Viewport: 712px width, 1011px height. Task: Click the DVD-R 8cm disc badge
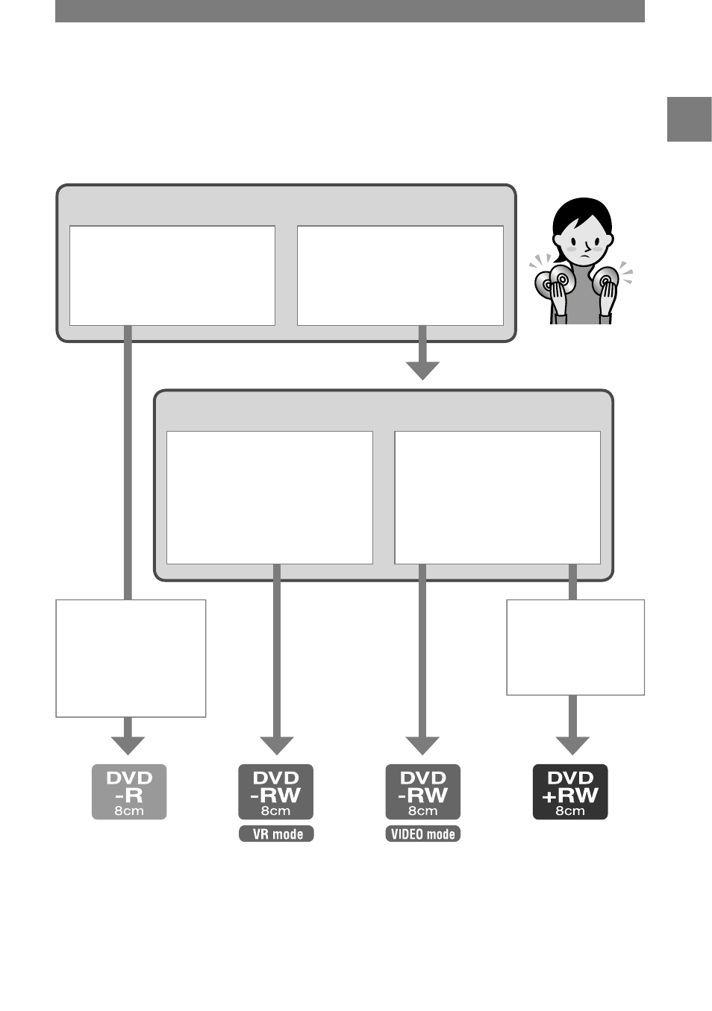(129, 792)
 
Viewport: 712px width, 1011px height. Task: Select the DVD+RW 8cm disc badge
(570, 792)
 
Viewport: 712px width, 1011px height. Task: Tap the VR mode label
(276, 834)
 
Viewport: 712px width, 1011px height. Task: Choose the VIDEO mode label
(423, 834)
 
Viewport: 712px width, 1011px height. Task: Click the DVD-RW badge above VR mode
(275, 792)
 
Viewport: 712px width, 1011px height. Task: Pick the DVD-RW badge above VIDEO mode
(423, 792)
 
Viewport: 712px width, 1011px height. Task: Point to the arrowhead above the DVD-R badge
(128, 746)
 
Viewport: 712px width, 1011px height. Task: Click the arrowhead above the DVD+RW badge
(572, 746)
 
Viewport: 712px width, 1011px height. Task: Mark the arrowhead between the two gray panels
(422, 371)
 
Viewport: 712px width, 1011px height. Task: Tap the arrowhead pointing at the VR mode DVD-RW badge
(277, 746)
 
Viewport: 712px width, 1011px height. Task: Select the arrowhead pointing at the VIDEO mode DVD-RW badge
(422, 746)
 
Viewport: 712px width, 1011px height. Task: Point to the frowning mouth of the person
(586, 256)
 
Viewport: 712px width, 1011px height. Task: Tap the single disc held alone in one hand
(605, 281)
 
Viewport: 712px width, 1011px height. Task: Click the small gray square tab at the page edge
(690, 119)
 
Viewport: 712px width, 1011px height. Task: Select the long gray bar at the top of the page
(350, 11)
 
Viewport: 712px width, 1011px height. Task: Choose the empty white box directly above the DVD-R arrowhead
(131, 658)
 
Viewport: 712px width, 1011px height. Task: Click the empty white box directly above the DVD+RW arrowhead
(575, 647)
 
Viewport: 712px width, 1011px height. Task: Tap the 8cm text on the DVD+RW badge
(570, 811)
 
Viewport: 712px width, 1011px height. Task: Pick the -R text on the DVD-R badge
(129, 796)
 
